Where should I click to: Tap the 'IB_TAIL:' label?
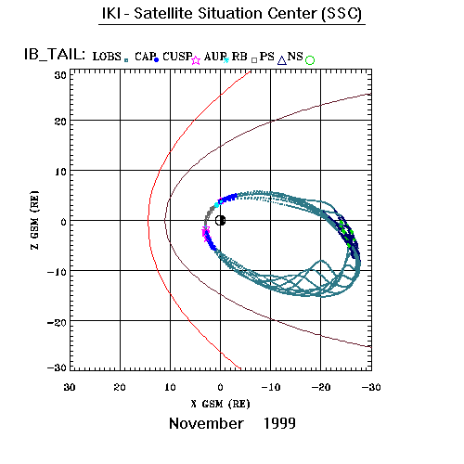(55, 55)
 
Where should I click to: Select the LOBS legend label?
(107, 57)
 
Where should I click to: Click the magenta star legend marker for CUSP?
(196, 60)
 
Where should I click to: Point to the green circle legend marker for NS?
(310, 60)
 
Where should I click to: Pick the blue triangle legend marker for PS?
(282, 60)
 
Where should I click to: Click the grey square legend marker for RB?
(254, 60)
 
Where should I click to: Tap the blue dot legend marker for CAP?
(156, 60)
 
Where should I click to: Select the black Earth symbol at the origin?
(220, 221)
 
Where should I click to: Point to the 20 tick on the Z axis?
(60, 122)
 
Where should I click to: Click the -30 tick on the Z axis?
(58, 367)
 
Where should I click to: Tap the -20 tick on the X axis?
(321, 387)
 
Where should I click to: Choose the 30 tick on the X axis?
(70, 387)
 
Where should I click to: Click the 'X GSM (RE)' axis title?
(220, 404)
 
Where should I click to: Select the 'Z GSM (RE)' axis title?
(34, 220)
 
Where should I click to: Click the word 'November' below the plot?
(206, 423)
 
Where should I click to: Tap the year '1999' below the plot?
(279, 423)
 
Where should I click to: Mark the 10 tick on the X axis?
(170, 387)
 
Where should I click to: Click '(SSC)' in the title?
(342, 14)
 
